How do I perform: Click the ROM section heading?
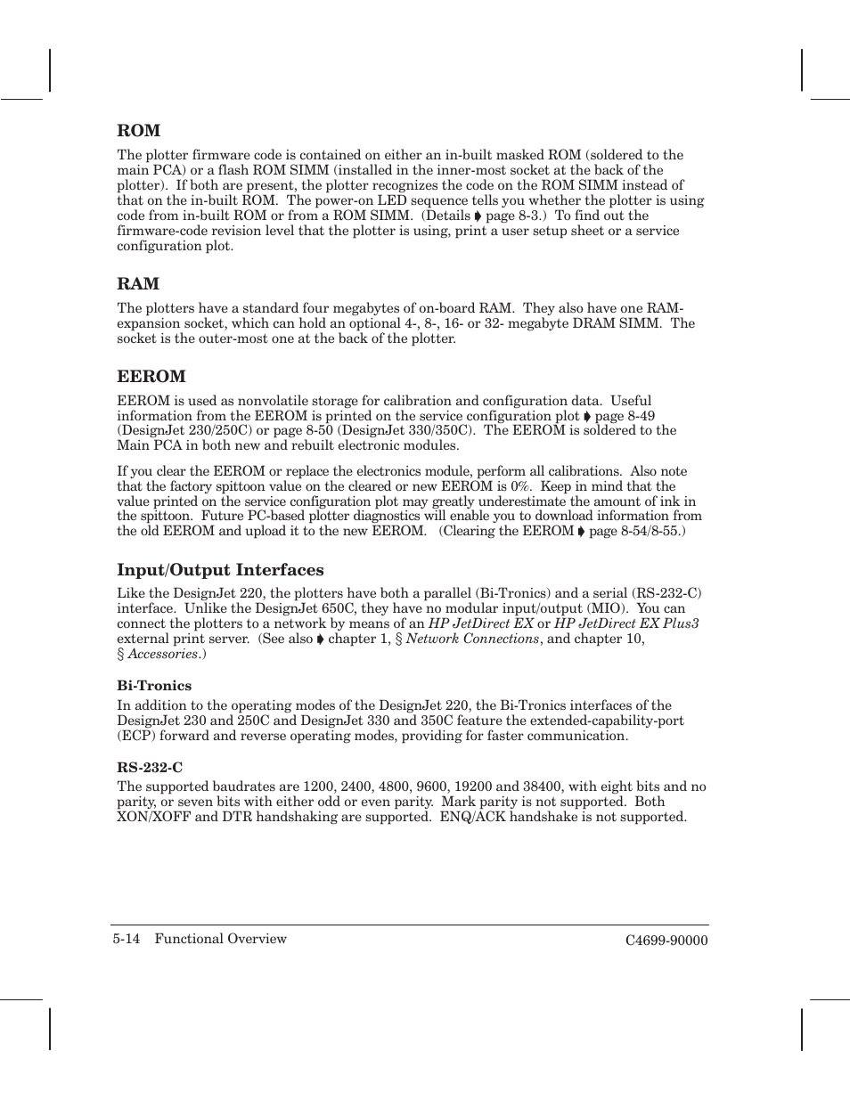138,131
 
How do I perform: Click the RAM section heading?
138,284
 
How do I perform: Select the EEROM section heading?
151,377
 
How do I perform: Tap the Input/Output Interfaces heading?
220,570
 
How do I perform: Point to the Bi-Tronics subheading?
154,686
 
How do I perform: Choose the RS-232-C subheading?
150,768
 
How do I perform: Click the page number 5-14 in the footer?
127,939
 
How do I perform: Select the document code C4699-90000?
666,941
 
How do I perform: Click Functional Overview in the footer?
220,939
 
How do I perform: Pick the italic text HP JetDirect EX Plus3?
626,623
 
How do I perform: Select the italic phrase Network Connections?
472,639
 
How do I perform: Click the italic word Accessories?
162,654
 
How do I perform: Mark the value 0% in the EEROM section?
520,486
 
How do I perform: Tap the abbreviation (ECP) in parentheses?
136,736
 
